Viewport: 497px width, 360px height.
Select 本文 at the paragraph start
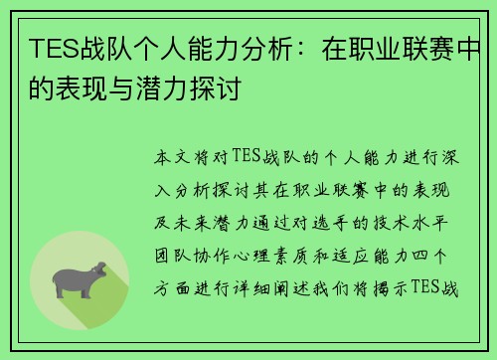170,157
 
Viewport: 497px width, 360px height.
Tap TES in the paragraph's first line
247,157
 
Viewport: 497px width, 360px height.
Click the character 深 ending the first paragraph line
452,157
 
